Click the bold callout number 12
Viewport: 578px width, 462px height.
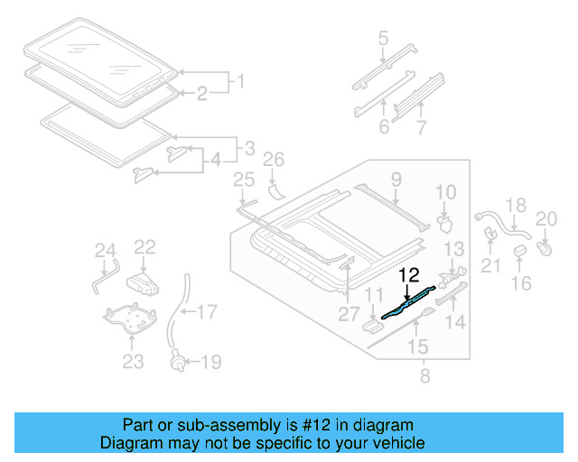tap(408, 275)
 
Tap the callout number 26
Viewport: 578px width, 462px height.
tap(273, 162)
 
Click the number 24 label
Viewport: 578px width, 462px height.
tap(106, 250)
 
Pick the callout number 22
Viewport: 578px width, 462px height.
tap(145, 245)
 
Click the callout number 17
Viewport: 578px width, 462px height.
tap(207, 313)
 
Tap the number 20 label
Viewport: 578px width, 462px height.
tap(547, 217)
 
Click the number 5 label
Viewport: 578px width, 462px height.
tap(383, 39)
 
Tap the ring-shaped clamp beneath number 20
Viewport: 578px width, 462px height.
tap(545, 244)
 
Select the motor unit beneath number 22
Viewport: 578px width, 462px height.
tap(143, 282)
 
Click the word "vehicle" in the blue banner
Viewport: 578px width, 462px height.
tap(397, 444)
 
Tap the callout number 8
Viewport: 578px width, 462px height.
tap(422, 373)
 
